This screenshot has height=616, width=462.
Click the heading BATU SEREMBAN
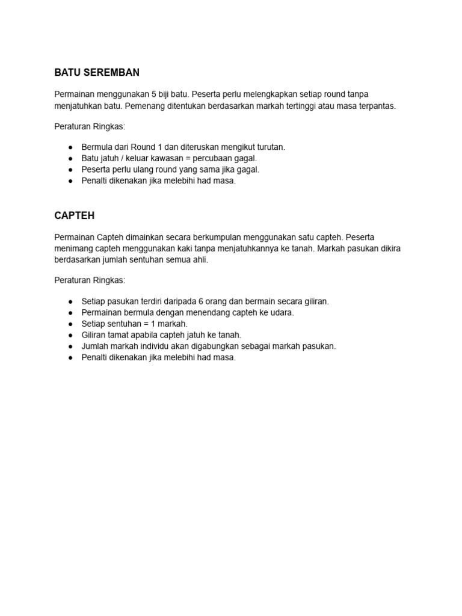click(x=97, y=73)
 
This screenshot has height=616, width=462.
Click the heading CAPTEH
click(x=74, y=215)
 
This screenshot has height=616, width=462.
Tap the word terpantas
click(x=377, y=106)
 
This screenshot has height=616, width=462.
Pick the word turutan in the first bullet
click(x=269, y=147)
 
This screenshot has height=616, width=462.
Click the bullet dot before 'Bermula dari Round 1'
click(x=70, y=147)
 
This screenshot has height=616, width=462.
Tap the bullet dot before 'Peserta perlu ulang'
click(x=70, y=170)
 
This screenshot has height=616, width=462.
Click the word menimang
click(x=73, y=248)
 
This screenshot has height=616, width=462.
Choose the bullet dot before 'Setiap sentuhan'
click(x=70, y=324)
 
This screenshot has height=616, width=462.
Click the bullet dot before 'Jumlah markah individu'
click(x=70, y=346)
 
